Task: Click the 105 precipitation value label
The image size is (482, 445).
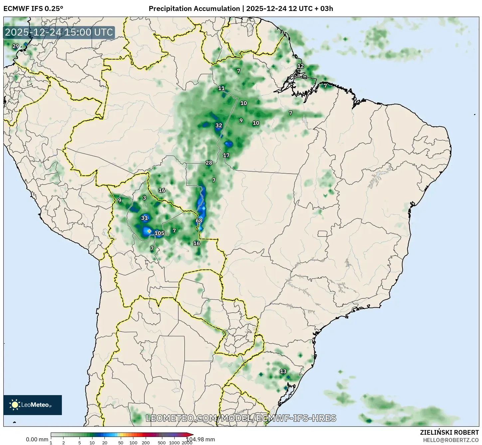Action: (159, 233)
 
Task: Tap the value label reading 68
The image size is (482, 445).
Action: (199, 221)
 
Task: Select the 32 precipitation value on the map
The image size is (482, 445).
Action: (219, 125)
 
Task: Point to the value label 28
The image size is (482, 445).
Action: (209, 163)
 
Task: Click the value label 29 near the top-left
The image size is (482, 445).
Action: (16, 46)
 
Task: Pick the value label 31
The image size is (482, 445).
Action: (144, 218)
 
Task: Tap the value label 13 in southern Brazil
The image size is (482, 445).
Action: (283, 371)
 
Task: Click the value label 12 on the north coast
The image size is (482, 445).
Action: (300, 66)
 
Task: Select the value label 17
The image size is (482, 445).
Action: (226, 155)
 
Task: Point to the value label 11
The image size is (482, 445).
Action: (221, 88)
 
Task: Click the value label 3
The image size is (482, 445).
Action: (144, 198)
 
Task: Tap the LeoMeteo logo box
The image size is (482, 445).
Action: (33, 405)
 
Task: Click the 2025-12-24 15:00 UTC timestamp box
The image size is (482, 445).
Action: (59, 33)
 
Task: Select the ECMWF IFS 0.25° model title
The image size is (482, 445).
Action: (33, 8)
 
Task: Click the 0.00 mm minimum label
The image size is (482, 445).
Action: (37, 439)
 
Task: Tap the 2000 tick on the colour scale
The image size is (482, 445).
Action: (187, 443)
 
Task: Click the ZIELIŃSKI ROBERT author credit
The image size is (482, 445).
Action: (449, 433)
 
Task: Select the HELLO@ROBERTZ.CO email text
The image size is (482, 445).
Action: (451, 440)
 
